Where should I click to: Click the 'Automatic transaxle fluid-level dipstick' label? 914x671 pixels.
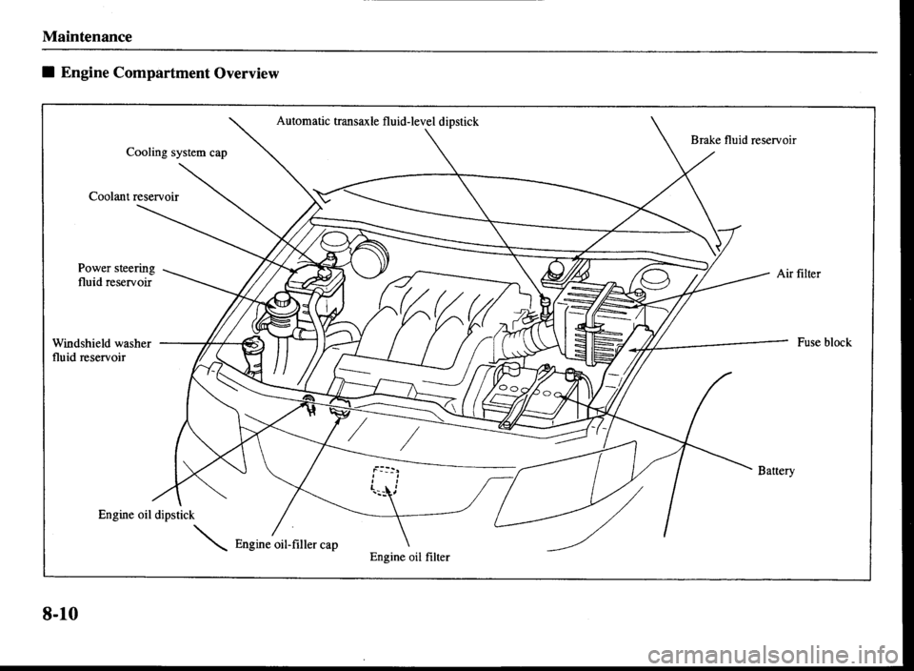(378, 120)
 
